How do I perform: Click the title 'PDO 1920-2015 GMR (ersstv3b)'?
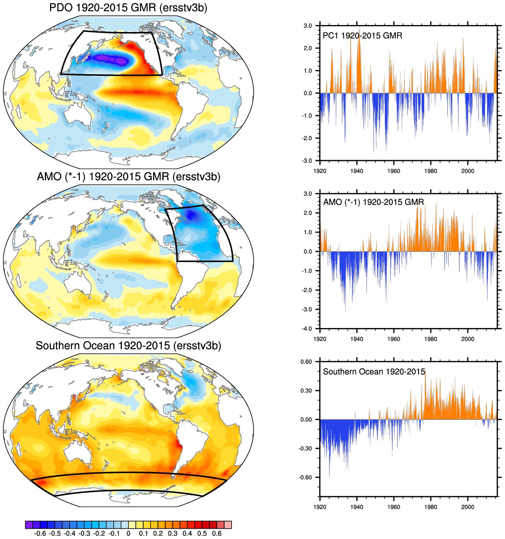coord(128,8)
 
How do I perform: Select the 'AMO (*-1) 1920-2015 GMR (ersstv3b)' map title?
coord(128,177)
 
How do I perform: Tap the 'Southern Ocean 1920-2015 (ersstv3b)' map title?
coord(128,346)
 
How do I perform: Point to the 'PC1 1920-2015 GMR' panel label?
coord(362,36)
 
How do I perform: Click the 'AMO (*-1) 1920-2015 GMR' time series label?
coord(373,202)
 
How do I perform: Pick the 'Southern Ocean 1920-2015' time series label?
coord(374,372)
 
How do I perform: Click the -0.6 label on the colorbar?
coord(40,533)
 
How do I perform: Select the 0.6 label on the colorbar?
coord(217,533)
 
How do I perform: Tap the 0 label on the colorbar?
coord(128,533)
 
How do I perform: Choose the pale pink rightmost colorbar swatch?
coord(228,525)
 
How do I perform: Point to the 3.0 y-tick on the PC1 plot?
coord(307,26)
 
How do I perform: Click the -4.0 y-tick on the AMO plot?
coord(307,329)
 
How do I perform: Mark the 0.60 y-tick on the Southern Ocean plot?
coord(306,362)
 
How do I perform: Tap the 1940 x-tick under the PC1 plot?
coord(357,171)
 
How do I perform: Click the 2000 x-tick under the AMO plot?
coord(467,339)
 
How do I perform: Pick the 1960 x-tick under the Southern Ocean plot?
coord(393,507)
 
